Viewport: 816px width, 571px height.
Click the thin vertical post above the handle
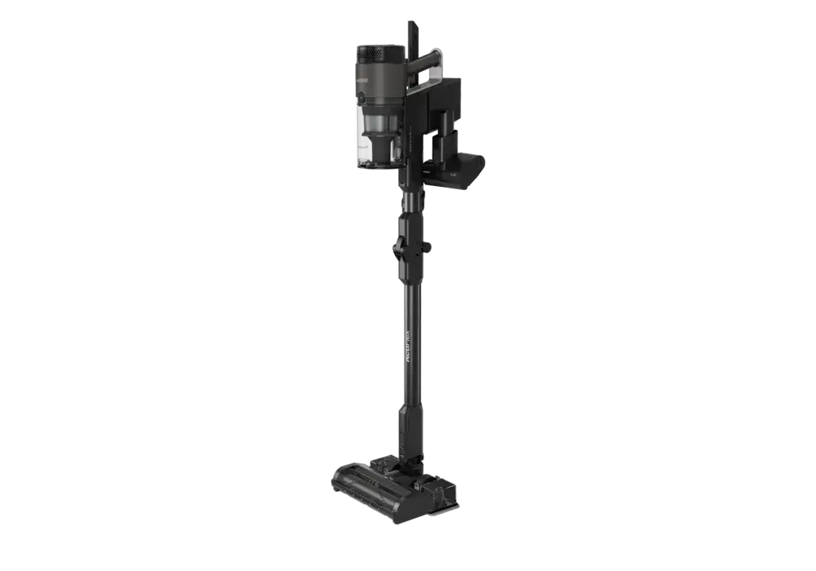tap(409, 37)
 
